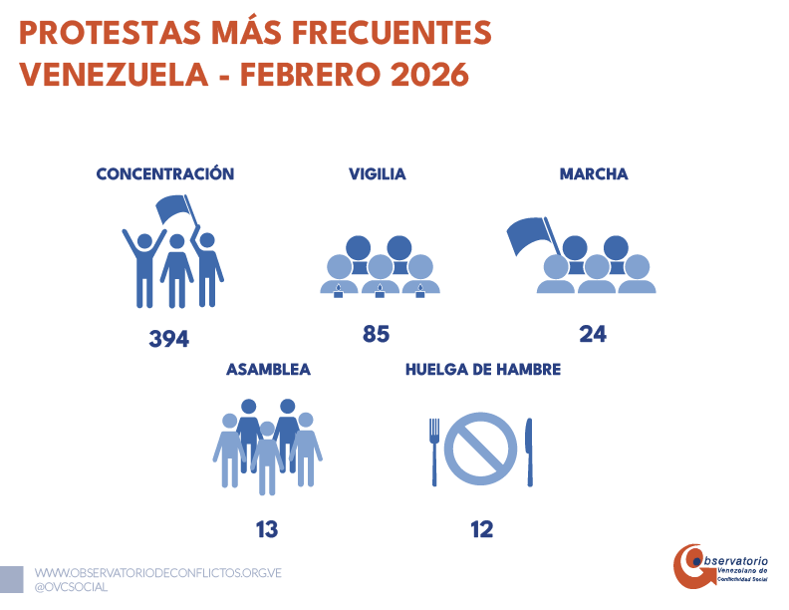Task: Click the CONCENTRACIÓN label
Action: click(x=165, y=174)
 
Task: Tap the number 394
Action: click(x=168, y=339)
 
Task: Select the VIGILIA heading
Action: click(x=377, y=174)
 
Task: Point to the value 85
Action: click(x=376, y=334)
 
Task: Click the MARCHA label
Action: click(x=594, y=174)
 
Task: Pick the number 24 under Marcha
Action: click(x=593, y=334)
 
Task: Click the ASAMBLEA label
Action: click(x=268, y=369)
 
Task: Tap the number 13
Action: click(x=266, y=529)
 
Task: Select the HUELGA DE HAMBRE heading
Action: click(x=482, y=369)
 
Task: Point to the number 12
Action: click(x=482, y=529)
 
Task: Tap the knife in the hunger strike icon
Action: click(x=529, y=451)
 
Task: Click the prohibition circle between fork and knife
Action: click(x=480, y=449)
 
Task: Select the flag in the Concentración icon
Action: click(x=173, y=209)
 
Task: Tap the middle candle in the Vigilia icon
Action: click(x=379, y=291)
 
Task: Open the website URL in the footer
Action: click(x=158, y=573)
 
